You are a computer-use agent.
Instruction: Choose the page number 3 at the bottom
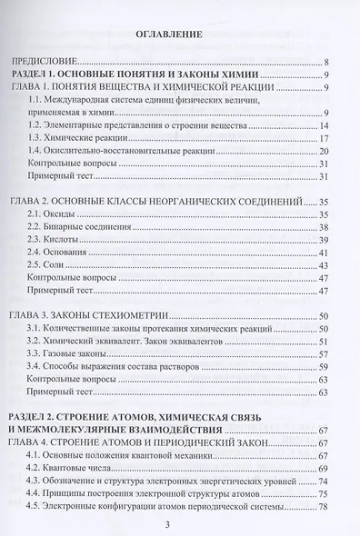[180, 524]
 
